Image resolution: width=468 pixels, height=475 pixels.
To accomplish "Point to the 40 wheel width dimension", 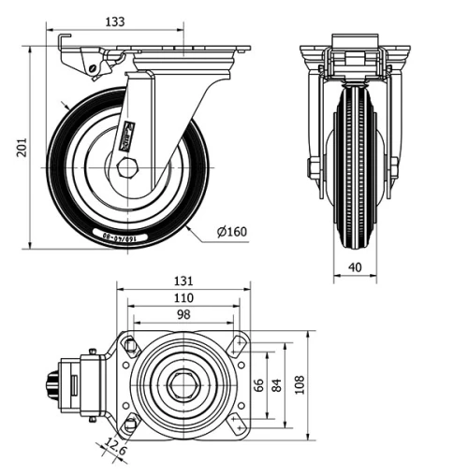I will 355,266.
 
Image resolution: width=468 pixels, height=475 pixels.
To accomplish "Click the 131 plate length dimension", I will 184,281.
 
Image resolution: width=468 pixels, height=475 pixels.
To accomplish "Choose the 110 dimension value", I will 184,297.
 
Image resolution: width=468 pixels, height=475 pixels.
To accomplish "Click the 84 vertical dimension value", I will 278,384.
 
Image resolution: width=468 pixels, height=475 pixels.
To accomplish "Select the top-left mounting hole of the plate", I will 130,347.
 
